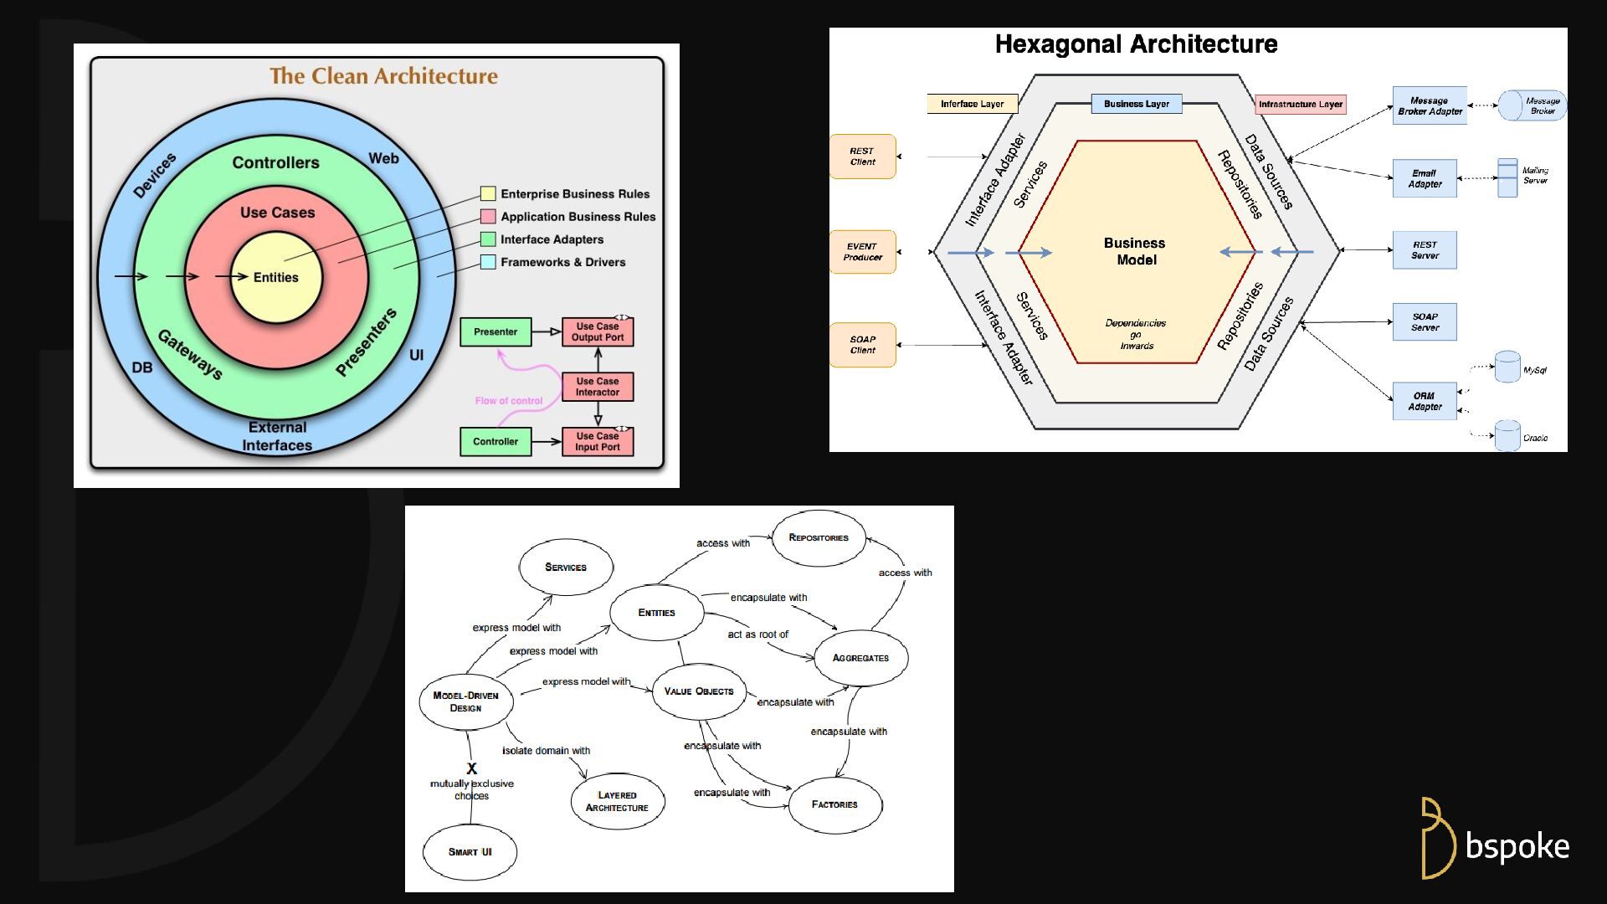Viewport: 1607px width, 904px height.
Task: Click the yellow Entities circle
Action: pos(276,278)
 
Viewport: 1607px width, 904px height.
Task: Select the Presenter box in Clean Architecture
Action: pos(495,332)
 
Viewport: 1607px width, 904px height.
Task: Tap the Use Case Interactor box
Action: pos(598,387)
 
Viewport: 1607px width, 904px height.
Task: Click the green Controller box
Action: pos(495,441)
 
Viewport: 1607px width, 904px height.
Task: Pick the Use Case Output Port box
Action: pos(598,332)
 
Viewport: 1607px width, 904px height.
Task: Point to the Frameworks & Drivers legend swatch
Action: pos(488,262)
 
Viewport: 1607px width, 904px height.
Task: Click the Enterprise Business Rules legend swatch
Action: pos(488,193)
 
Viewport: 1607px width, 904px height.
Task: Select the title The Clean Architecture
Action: pos(383,76)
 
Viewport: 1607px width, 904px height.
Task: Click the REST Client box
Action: pos(863,157)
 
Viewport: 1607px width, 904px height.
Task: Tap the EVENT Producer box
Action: pos(863,252)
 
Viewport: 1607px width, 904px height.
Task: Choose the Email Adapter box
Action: pos(1425,178)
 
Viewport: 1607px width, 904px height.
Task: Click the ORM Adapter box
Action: pos(1425,401)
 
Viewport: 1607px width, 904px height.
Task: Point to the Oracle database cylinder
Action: pos(1507,435)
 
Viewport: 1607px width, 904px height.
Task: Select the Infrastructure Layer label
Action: pos(1301,105)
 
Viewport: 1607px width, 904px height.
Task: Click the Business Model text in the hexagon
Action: pos(1136,251)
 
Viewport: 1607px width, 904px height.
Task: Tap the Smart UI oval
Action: pos(470,852)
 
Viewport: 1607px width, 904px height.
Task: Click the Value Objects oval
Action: pos(699,691)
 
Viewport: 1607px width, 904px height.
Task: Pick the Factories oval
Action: pos(834,804)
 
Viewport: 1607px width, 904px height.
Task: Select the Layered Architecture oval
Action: pos(617,802)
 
